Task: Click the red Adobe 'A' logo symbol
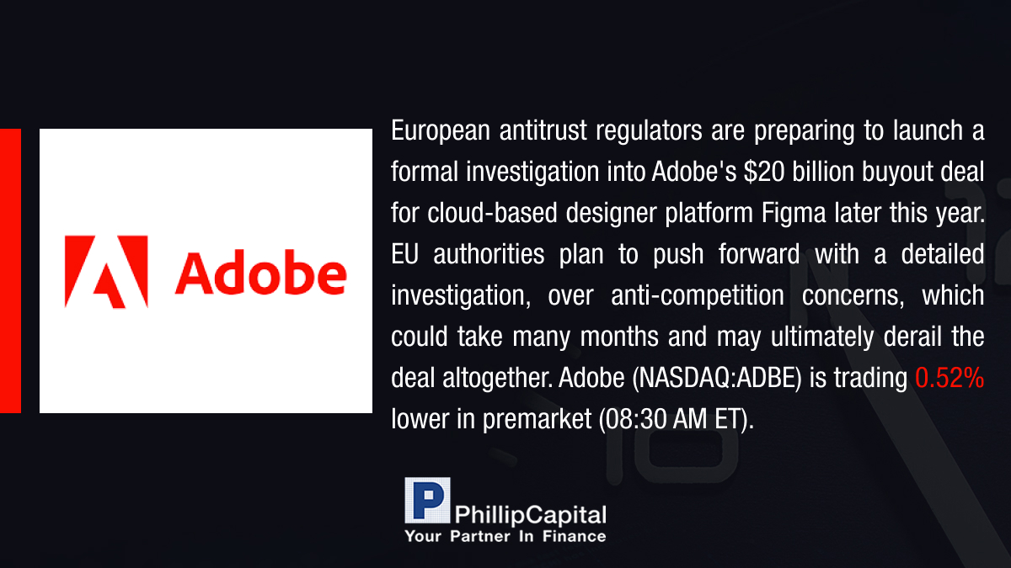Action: click(106, 271)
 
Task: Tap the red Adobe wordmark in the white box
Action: click(261, 273)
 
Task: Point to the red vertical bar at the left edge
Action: click(10, 271)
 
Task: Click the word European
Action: click(441, 130)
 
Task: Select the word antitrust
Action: click(543, 130)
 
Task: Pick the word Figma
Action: click(794, 214)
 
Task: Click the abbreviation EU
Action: click(405, 254)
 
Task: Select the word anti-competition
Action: click(698, 295)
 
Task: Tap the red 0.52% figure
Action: click(949, 378)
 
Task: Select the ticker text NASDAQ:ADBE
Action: click(717, 378)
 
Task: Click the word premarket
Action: click(537, 420)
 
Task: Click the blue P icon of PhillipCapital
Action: click(427, 500)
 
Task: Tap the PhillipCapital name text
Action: click(530, 515)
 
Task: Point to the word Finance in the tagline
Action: click(574, 536)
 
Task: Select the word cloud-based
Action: click(492, 213)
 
